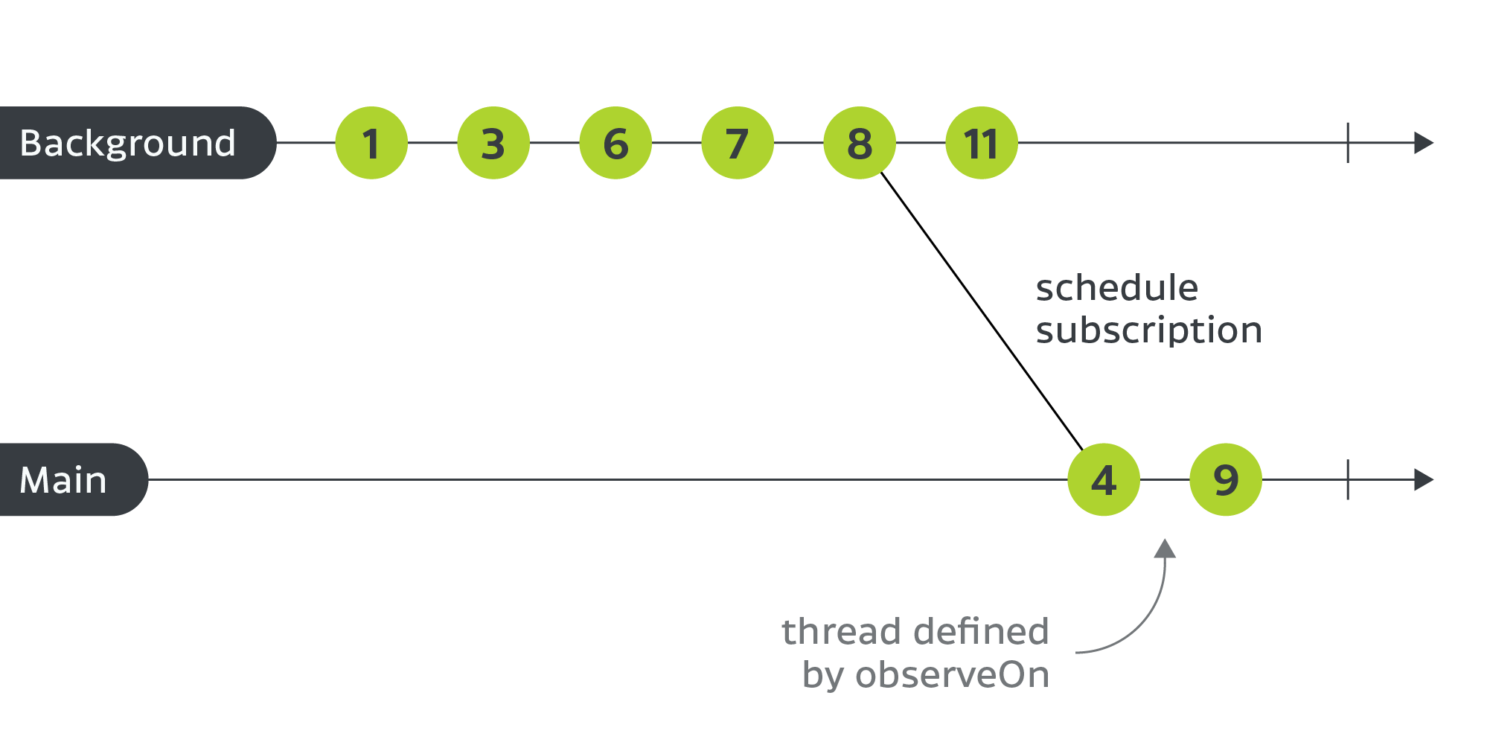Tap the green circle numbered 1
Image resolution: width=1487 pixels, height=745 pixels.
371,143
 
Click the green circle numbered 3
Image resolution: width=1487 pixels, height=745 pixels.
493,143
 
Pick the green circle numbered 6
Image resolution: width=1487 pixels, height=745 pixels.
615,143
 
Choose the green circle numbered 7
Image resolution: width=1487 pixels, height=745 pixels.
738,143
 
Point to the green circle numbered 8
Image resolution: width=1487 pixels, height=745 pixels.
860,143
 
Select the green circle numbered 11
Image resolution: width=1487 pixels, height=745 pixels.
982,143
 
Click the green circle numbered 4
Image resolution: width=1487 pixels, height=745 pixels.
1104,480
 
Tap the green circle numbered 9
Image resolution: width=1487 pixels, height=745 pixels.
1226,480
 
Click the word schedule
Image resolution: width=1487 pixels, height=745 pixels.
1116,288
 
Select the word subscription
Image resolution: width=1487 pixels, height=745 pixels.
1148,330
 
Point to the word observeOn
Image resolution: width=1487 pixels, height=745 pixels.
952,675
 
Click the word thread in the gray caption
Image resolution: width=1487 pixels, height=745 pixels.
832,632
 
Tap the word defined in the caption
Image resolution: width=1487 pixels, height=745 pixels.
982,632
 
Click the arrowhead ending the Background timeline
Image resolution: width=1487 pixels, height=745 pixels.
1423,143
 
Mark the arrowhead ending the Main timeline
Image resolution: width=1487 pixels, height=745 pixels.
1423,480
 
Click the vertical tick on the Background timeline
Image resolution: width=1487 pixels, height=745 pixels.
1348,143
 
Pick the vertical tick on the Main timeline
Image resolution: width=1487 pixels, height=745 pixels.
1348,480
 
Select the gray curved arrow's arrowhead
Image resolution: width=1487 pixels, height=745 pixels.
1165,549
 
